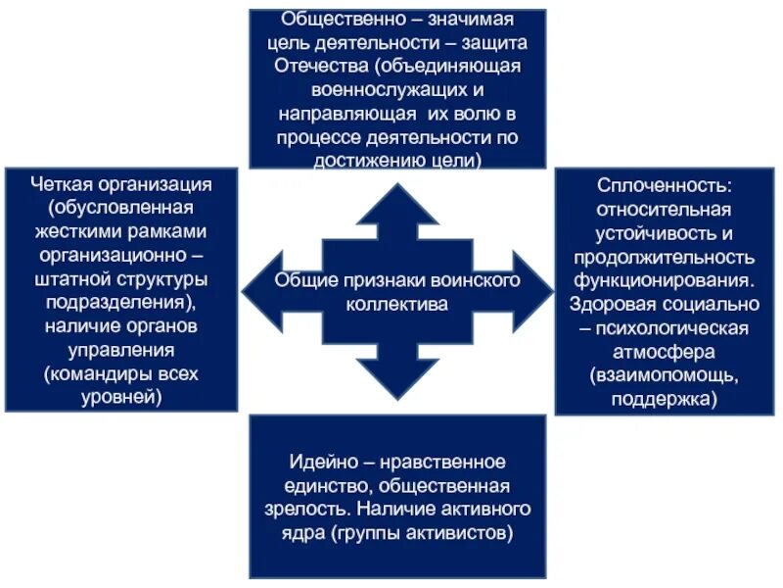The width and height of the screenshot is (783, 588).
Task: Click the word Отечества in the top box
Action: pyautogui.click(x=314, y=66)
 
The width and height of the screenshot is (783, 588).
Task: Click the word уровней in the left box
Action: pyautogui.click(x=122, y=397)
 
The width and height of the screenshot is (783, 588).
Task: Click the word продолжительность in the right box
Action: pyautogui.click(x=665, y=256)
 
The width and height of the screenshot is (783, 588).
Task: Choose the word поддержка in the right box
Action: pyautogui.click(x=665, y=398)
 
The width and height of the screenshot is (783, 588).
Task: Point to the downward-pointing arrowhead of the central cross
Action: pyautogui.click(x=397, y=381)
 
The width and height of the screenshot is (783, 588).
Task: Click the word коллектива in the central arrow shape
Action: pyautogui.click(x=397, y=304)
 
